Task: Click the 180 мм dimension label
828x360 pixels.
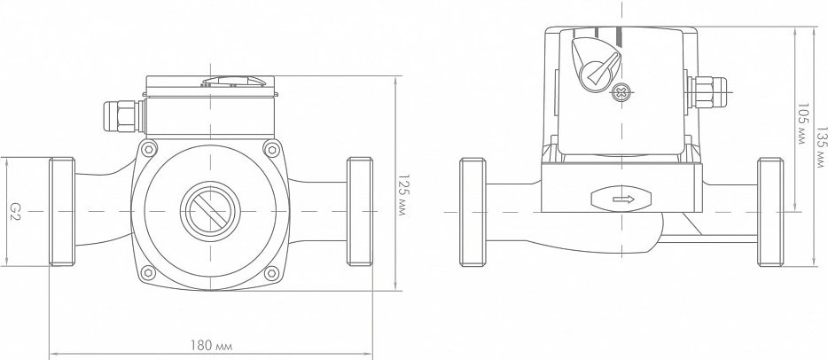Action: pos(211,346)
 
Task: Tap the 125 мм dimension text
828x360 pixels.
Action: pos(403,195)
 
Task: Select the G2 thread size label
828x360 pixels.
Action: pos(15,211)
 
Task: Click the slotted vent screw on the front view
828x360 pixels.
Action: pos(210,211)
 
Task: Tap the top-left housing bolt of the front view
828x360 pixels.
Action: pos(149,149)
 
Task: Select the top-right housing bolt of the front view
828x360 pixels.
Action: pos(271,149)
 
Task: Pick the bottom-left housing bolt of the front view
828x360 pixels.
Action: pos(148,273)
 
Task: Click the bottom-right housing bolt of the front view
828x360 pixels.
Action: pos(271,273)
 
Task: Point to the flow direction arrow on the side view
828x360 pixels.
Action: pos(623,199)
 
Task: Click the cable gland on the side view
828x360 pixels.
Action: pos(707,92)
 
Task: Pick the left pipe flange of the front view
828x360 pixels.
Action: pos(62,211)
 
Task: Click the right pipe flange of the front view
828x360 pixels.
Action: pos(360,211)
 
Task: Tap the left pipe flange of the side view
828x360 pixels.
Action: pos(473,212)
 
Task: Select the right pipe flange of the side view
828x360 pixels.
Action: pos(770,212)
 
